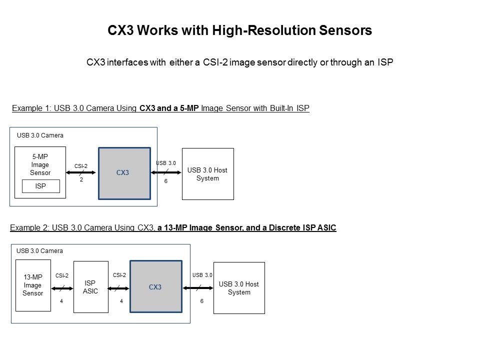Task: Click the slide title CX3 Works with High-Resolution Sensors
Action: point(239,30)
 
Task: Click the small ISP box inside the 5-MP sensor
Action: point(41,186)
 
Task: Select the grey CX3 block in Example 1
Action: point(124,173)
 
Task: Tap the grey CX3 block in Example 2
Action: point(155,287)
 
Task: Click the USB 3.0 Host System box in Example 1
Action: point(207,174)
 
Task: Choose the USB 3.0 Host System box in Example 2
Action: point(239,288)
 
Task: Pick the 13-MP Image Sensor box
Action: point(33,285)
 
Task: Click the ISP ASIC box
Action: point(90,287)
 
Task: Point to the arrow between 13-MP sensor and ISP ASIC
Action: point(62,288)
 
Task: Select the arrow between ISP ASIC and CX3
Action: point(119,288)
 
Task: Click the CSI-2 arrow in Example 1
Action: point(81,173)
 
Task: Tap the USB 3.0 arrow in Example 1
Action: point(166,173)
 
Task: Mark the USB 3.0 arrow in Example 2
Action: point(197,288)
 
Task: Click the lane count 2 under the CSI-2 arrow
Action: point(81,180)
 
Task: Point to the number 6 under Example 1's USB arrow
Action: point(166,181)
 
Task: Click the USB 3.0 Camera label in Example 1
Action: point(40,135)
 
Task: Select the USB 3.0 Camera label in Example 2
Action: point(40,251)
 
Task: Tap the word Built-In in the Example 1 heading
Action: point(280,108)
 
